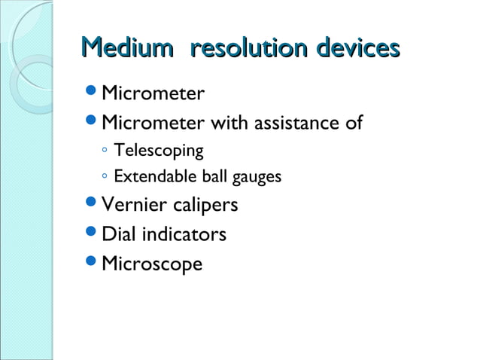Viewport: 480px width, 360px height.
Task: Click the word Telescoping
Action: tap(158, 151)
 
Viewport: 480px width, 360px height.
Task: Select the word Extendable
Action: tap(149, 177)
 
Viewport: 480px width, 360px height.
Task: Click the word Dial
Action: tap(117, 234)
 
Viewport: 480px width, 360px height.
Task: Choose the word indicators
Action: tap(182, 234)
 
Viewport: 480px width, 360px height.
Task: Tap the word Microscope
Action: tap(152, 264)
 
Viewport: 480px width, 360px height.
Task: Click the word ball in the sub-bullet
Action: tap(212, 177)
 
